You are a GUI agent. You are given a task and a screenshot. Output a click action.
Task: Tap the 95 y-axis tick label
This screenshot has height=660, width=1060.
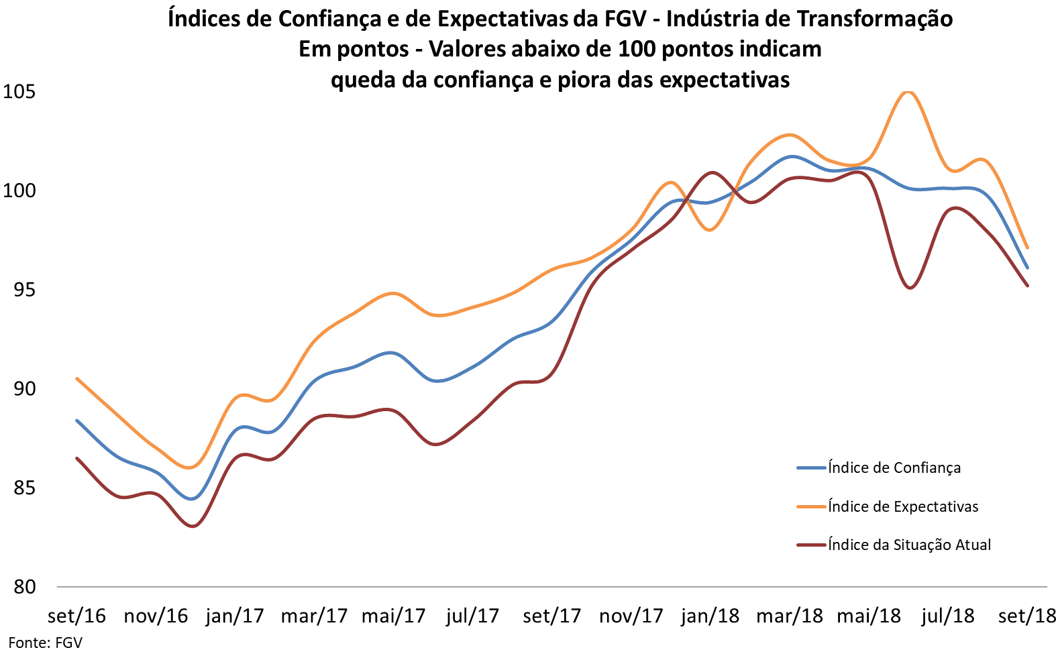point(24,290)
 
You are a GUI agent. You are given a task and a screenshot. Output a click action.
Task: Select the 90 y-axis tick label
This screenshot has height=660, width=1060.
point(24,388)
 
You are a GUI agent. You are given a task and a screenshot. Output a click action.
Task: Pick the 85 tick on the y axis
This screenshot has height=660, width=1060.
point(24,488)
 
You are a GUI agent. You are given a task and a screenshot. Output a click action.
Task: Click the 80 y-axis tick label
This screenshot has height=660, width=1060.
point(24,587)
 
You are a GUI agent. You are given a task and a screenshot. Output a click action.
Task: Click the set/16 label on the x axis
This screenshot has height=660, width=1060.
point(76,616)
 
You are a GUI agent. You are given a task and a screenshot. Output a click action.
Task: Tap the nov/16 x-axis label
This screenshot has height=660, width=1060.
point(156,616)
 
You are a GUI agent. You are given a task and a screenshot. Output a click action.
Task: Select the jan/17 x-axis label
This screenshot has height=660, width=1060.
point(235,616)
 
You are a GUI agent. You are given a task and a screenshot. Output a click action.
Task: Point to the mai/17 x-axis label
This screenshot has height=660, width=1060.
point(394,616)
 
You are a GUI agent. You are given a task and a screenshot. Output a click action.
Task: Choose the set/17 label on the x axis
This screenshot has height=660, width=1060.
point(552,616)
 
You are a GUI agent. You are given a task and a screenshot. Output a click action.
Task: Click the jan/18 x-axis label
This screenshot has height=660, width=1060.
point(710,616)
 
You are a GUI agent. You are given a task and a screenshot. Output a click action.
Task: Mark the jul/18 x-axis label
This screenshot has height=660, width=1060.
point(948,616)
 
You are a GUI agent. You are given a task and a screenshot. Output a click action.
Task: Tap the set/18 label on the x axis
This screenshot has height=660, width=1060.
point(1027,616)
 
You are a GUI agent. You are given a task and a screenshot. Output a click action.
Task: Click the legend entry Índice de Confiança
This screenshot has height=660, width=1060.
point(894,468)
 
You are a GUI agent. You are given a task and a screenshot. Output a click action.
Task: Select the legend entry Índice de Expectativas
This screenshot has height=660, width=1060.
point(903,506)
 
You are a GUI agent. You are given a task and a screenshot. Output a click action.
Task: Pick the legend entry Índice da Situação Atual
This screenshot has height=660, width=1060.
point(909,545)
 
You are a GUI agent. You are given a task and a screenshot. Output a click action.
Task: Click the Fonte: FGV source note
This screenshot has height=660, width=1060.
point(45,643)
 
